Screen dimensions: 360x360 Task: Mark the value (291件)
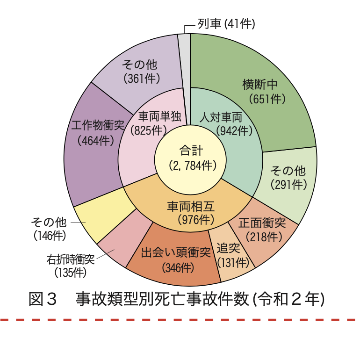(289, 184)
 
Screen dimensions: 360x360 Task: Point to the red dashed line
(180, 320)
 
